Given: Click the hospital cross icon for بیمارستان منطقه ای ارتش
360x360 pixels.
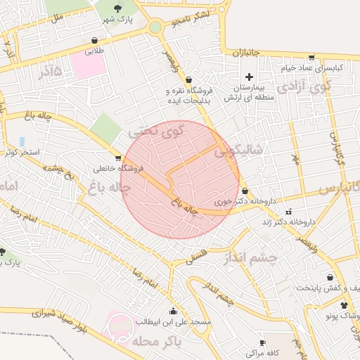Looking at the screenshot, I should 248,76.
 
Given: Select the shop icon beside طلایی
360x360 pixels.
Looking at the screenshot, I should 94,40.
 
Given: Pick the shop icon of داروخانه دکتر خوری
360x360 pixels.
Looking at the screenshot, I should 245,191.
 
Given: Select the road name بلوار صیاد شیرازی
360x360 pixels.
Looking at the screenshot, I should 59,316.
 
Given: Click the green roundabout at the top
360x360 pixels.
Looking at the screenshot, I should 155,27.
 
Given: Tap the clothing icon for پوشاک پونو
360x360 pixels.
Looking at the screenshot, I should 344,306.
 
